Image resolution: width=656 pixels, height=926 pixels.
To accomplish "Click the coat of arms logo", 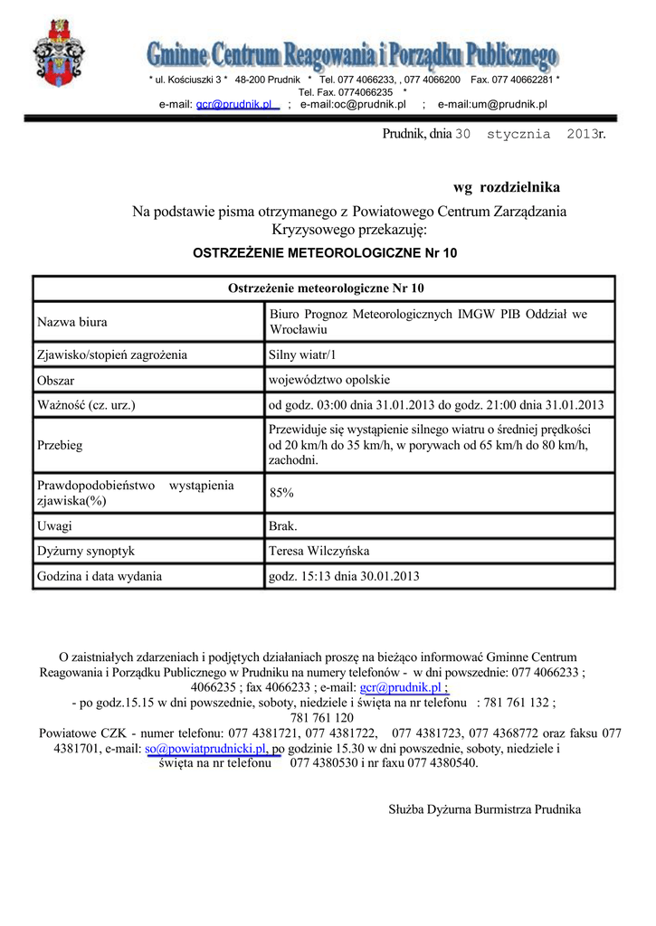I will tap(59, 53).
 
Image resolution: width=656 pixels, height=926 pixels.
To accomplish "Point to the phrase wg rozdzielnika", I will tap(507, 187).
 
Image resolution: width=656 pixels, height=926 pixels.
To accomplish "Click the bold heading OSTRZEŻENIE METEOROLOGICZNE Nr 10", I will tap(326, 253).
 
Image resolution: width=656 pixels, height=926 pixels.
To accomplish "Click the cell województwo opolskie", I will tap(329, 379).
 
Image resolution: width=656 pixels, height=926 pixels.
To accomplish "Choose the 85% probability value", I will tap(281, 493).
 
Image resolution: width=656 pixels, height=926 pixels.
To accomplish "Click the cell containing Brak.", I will tap(283, 525).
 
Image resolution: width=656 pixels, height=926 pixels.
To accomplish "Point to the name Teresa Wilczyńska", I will tap(319, 551).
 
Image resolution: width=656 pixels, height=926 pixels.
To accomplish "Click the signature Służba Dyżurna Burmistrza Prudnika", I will tap(484, 809).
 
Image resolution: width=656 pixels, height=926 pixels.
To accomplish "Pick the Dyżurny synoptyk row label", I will tap(86, 551).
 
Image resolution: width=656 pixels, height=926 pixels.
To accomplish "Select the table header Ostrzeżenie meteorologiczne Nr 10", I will tap(326, 288).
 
